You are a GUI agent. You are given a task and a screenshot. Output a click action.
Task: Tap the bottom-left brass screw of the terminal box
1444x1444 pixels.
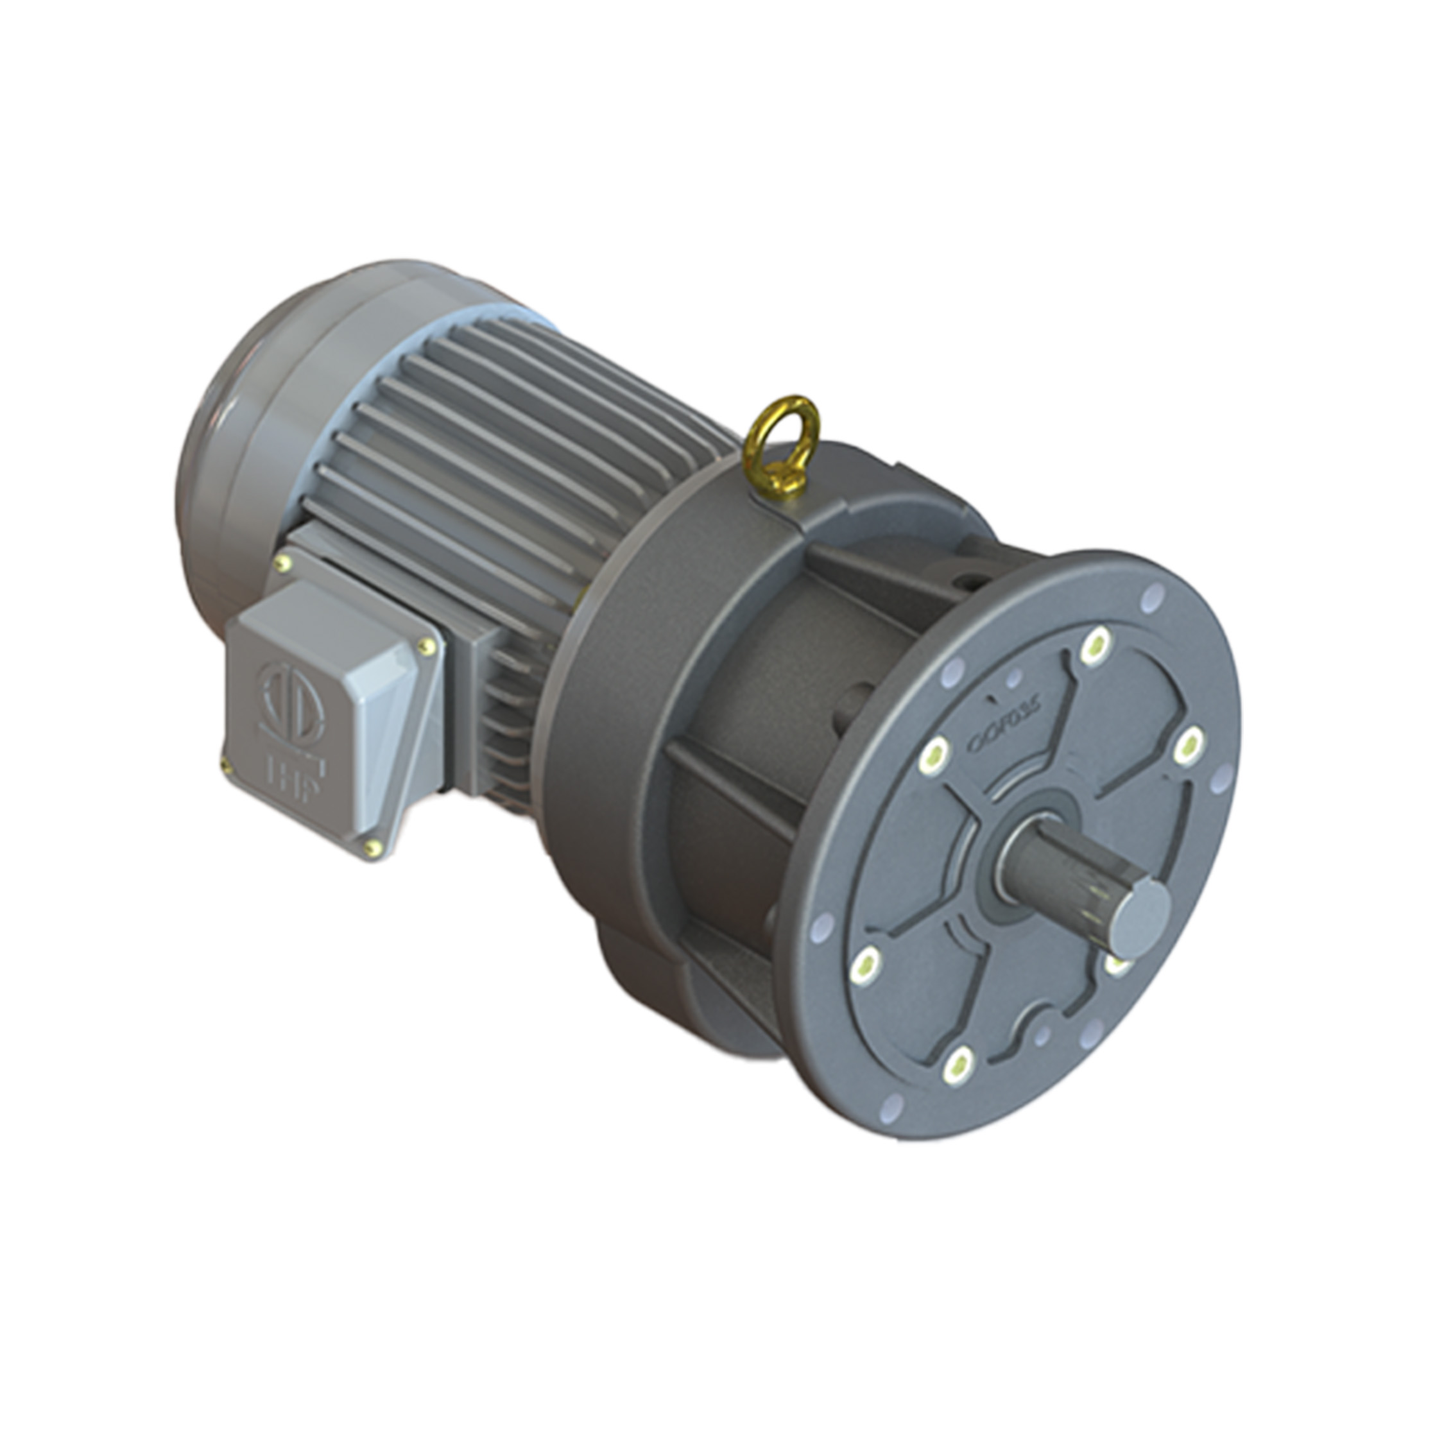(224, 762)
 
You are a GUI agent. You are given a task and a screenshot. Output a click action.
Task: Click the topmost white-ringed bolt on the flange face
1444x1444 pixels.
(1095, 644)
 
